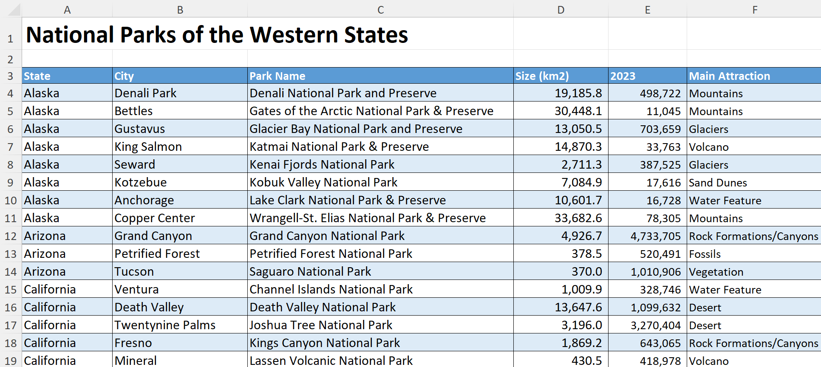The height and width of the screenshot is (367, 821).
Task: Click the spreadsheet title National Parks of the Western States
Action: (217, 34)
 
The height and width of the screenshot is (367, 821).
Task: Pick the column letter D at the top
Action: (561, 10)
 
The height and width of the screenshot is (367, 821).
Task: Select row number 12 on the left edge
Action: (11, 236)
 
